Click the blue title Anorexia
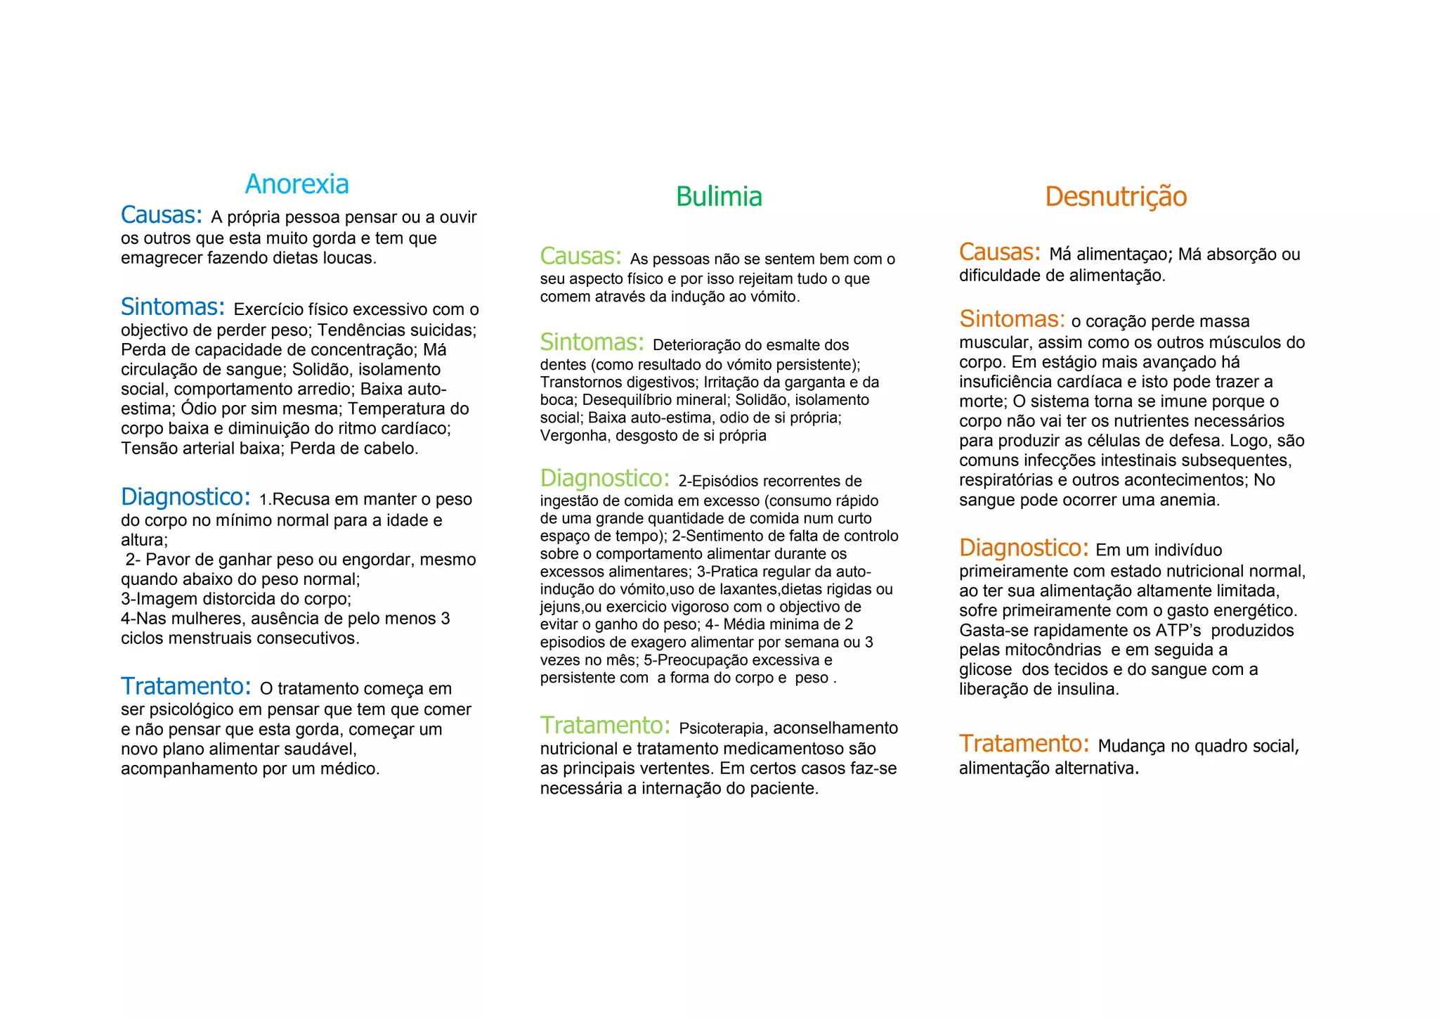(297, 184)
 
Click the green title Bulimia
(719, 197)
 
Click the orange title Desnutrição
(1116, 197)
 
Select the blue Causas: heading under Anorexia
(162, 214)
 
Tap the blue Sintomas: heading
(173, 307)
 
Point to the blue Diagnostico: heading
(185, 497)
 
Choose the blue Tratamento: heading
(186, 686)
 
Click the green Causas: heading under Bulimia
(581, 256)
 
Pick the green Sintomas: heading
(592, 342)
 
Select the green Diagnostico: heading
(605, 479)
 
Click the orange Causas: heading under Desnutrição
(1000, 252)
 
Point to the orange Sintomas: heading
(1012, 319)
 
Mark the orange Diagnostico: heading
(1024, 548)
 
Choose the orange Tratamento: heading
(1024, 743)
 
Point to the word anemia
(1190, 501)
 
